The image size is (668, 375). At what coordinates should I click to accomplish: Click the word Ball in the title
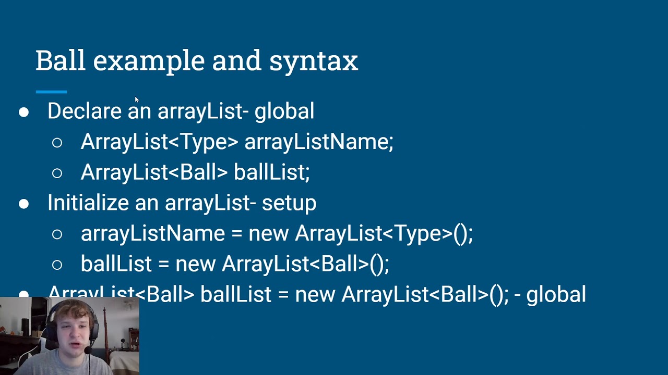click(60, 60)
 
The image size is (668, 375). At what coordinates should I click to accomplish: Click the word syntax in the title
click(314, 61)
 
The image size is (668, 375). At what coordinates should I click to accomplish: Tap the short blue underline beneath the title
click(51, 92)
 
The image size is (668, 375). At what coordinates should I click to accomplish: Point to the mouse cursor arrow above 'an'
click(136, 99)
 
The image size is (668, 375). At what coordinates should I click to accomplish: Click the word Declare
click(85, 111)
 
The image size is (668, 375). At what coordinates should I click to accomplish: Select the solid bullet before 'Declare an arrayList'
click(24, 112)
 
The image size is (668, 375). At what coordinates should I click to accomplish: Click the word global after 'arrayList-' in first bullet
click(284, 111)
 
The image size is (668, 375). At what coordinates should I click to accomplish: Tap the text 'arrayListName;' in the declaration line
click(319, 142)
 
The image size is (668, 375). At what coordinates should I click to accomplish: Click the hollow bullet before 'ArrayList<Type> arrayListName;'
click(57, 143)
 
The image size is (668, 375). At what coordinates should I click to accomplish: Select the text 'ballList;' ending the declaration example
click(271, 172)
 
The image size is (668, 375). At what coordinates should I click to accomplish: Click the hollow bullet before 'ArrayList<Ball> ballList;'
click(57, 173)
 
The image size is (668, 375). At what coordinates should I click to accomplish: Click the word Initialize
click(88, 203)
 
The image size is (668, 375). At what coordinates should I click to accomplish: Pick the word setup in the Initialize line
click(289, 203)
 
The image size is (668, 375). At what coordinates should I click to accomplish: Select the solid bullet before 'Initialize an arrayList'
click(24, 204)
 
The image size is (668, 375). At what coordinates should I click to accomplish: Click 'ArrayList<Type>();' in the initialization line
click(384, 233)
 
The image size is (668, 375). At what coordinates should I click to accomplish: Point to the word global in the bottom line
click(556, 295)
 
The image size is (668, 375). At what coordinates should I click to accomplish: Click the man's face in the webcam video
click(71, 333)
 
